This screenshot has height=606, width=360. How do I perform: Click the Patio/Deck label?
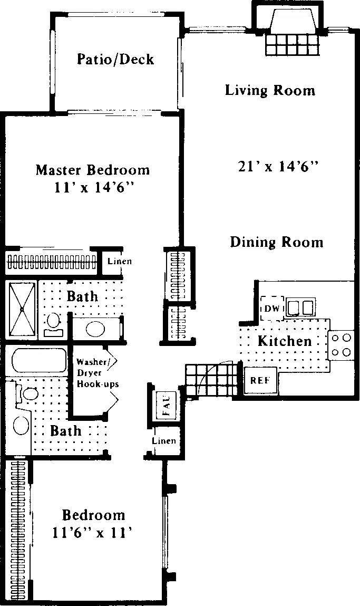click(115, 59)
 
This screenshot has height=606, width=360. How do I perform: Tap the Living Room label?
click(270, 90)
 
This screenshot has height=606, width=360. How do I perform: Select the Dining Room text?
click(277, 242)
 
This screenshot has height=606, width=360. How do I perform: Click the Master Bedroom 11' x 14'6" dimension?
click(93, 188)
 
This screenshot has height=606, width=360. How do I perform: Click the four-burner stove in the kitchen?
click(341, 344)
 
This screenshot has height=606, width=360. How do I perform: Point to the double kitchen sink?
click(300, 306)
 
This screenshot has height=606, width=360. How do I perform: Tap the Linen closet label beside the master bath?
click(119, 261)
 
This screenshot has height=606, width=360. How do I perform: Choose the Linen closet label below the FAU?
click(164, 441)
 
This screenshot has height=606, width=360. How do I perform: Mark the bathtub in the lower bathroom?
click(35, 361)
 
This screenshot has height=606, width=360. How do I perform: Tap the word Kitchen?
click(285, 341)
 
